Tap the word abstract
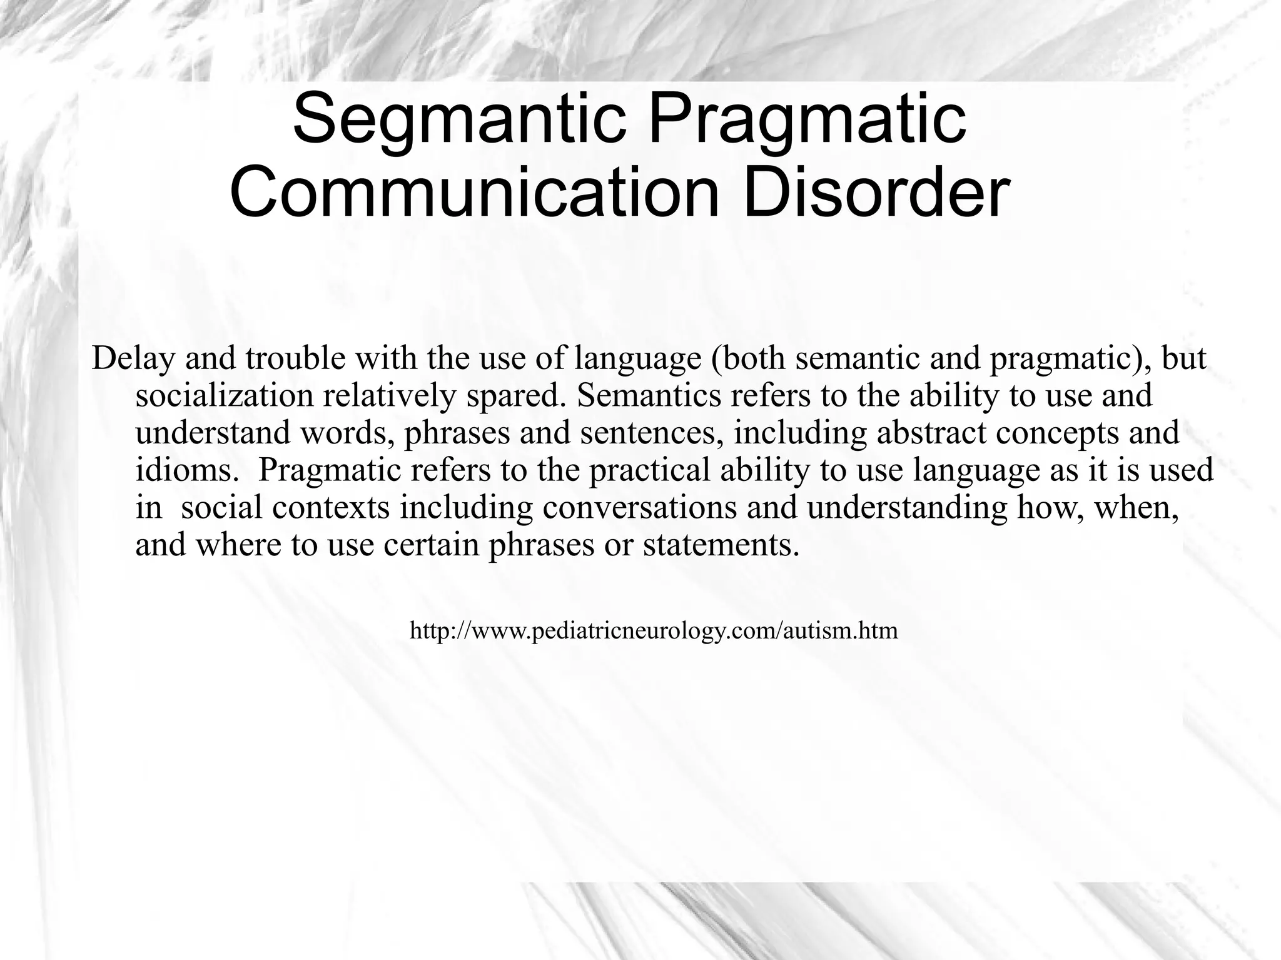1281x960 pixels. pos(931,433)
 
